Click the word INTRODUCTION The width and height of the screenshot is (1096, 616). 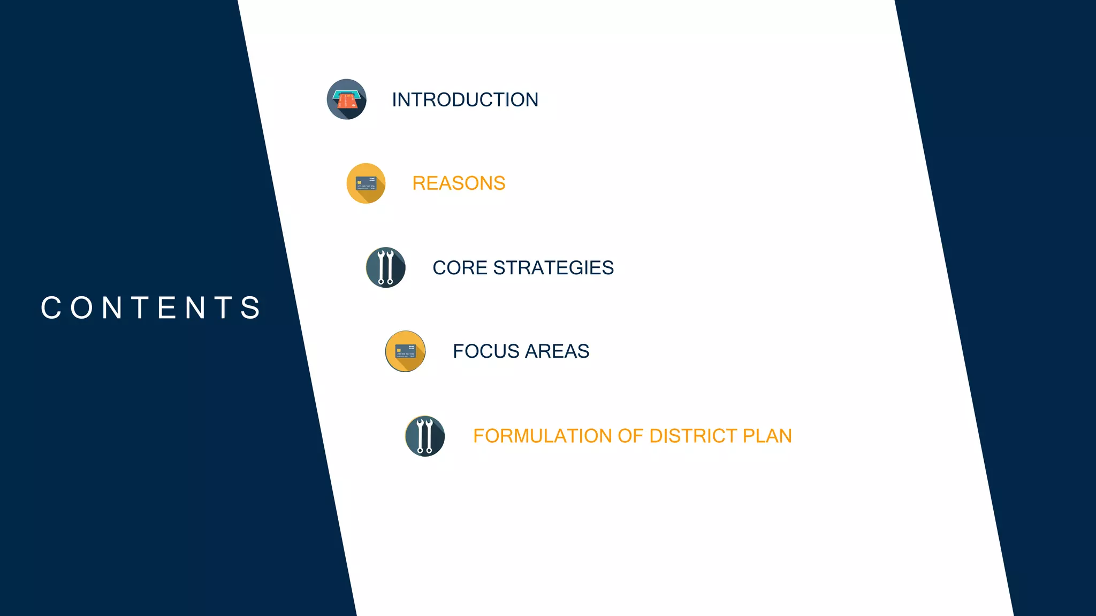pos(465,99)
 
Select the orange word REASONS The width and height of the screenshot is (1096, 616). pos(459,183)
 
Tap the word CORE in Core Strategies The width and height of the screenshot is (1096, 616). pos(460,267)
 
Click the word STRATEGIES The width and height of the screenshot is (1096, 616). pos(553,267)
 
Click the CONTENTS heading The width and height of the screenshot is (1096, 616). pos(151,308)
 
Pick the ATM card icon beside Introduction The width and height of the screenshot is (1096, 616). pos(347,99)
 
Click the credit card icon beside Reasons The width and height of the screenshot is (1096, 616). pos(366,183)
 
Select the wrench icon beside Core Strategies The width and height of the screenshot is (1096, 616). pos(386,267)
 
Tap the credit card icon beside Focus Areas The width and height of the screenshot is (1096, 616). pos(406,351)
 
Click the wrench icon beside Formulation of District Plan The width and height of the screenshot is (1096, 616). pos(425,436)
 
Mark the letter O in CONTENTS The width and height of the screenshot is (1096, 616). pos(82,308)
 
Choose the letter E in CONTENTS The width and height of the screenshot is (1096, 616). pos(168,308)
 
